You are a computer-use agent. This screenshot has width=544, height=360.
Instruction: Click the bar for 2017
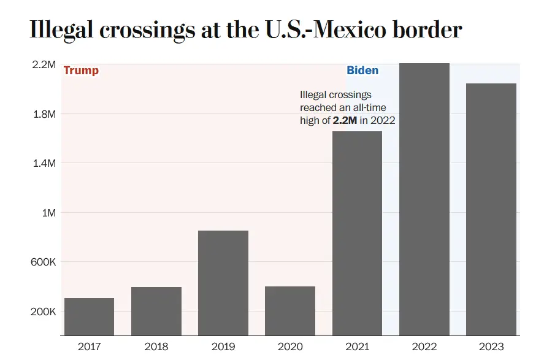click(x=89, y=316)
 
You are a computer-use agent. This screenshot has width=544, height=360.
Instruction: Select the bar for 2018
click(x=156, y=311)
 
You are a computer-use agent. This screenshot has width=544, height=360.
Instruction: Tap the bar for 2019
click(x=223, y=283)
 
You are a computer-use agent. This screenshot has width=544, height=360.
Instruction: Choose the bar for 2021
click(x=357, y=233)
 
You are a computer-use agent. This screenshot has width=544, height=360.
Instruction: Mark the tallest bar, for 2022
click(x=424, y=199)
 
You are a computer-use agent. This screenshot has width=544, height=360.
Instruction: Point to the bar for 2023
click(x=491, y=209)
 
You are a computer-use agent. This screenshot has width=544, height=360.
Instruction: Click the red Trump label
click(x=81, y=71)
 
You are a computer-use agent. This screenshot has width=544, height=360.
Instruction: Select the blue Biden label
click(x=362, y=71)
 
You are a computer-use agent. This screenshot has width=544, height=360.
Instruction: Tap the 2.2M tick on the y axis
click(x=44, y=64)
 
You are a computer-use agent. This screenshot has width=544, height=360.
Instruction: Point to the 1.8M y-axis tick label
click(x=44, y=114)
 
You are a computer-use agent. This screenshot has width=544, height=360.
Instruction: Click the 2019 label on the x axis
click(x=223, y=347)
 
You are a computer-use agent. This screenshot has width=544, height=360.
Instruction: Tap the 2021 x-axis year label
click(x=357, y=347)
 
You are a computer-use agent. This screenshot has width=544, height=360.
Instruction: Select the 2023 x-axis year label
click(x=491, y=347)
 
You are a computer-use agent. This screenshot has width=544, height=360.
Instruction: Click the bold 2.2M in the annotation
click(x=345, y=120)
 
